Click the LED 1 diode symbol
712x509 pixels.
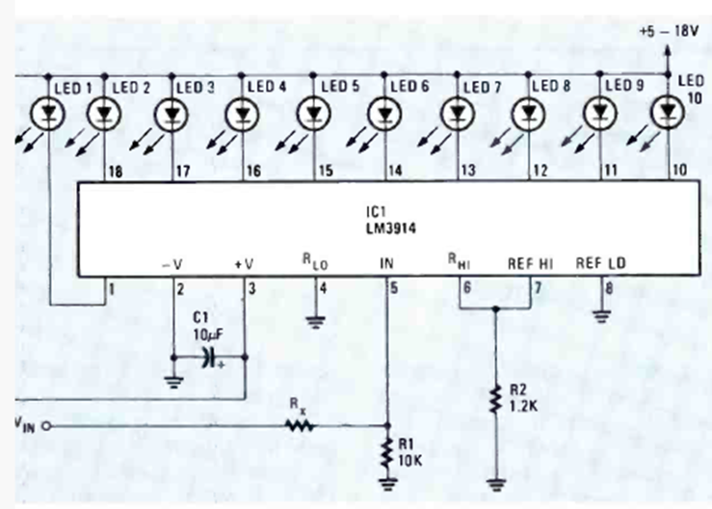tap(47, 114)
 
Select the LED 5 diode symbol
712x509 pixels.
tap(314, 114)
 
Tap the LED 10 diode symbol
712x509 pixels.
tap(668, 112)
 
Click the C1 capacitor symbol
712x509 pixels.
tap(210, 358)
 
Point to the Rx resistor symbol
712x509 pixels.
tap(301, 426)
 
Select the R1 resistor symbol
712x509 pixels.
tap(387, 453)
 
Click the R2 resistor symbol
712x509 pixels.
tap(496, 400)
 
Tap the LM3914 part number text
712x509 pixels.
tap(391, 228)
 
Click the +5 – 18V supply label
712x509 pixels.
tap(669, 31)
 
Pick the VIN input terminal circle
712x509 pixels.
tap(46, 426)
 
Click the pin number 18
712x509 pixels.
tap(116, 172)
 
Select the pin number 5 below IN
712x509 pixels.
tap(394, 287)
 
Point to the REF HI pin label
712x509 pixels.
tap(530, 263)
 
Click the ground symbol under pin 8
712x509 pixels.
tap(601, 316)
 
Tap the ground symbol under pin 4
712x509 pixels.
tap(316, 322)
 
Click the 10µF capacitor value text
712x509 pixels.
tap(208, 335)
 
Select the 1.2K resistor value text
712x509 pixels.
tap(523, 406)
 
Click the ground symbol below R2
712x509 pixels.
tap(496, 485)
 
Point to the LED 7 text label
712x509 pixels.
tap(482, 87)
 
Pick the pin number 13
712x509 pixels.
tap(468, 171)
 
